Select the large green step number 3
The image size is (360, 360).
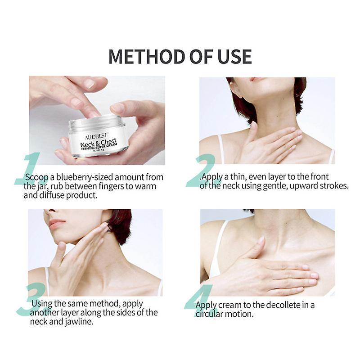click(31, 299)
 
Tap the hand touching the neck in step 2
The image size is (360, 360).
click(270, 144)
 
